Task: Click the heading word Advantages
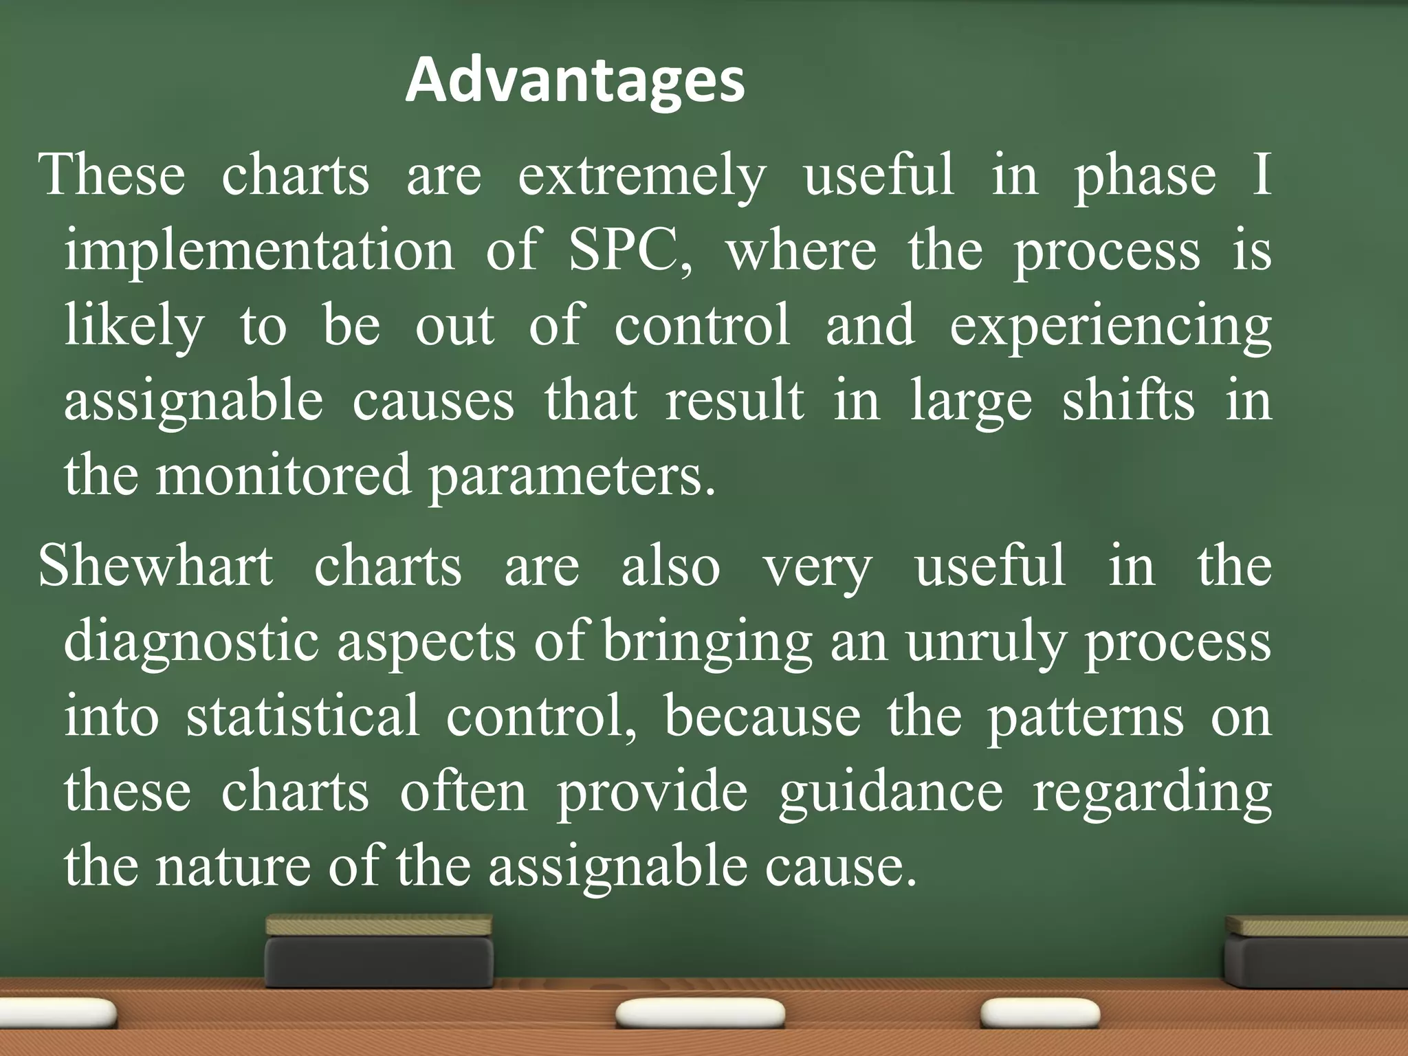point(575,81)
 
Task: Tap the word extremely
point(641,176)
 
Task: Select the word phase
point(1145,176)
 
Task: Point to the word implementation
point(259,251)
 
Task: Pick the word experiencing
point(1110,327)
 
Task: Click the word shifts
point(1128,401)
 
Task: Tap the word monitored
point(283,476)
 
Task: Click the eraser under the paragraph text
point(379,951)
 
